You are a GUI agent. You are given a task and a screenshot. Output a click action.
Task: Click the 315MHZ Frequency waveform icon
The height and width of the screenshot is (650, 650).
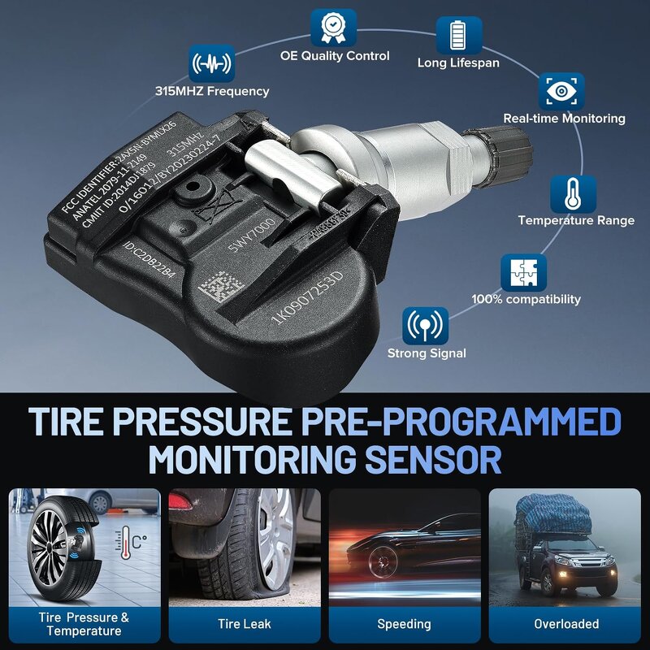point(211,63)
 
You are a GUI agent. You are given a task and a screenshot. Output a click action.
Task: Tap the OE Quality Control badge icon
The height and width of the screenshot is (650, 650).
point(333,28)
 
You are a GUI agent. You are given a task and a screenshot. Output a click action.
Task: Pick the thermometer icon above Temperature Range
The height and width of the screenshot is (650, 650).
point(573,194)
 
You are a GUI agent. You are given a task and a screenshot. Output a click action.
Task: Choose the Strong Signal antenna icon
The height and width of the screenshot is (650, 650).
point(425,326)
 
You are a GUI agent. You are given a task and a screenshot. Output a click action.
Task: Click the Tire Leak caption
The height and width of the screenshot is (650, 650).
point(245,624)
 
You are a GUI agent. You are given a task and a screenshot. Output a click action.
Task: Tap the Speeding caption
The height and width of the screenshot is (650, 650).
point(404,624)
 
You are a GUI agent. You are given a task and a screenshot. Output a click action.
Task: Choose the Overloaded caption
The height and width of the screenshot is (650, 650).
point(566,624)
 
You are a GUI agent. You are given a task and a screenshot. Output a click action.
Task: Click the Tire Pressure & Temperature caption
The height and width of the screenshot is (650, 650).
point(84,624)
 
